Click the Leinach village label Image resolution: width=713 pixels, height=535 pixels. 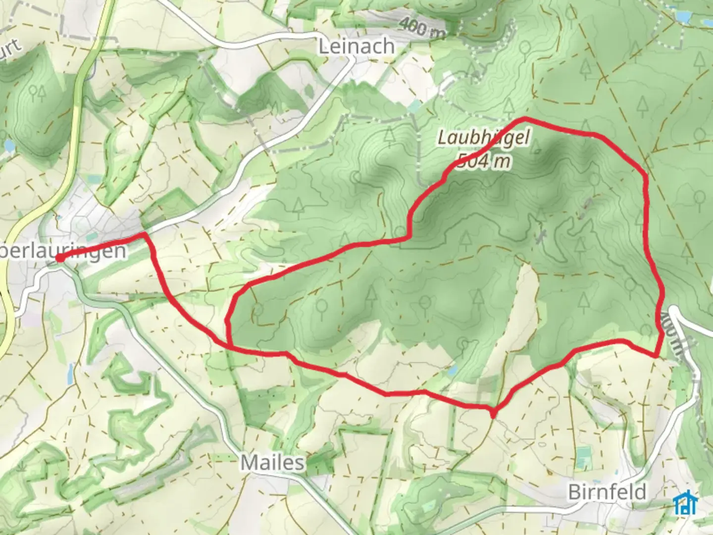pyautogui.click(x=356, y=47)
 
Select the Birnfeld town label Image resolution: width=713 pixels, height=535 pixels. pyautogui.click(x=608, y=492)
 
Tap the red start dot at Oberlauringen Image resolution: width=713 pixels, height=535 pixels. pyautogui.click(x=59, y=258)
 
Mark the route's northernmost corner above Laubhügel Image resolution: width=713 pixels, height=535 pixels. pyautogui.click(x=524, y=119)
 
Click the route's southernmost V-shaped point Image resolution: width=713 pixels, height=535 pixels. pyautogui.click(x=493, y=412)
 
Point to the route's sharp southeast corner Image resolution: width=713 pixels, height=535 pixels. pyautogui.click(x=656, y=355)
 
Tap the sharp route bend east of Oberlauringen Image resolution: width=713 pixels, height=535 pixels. pyautogui.click(x=145, y=233)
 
